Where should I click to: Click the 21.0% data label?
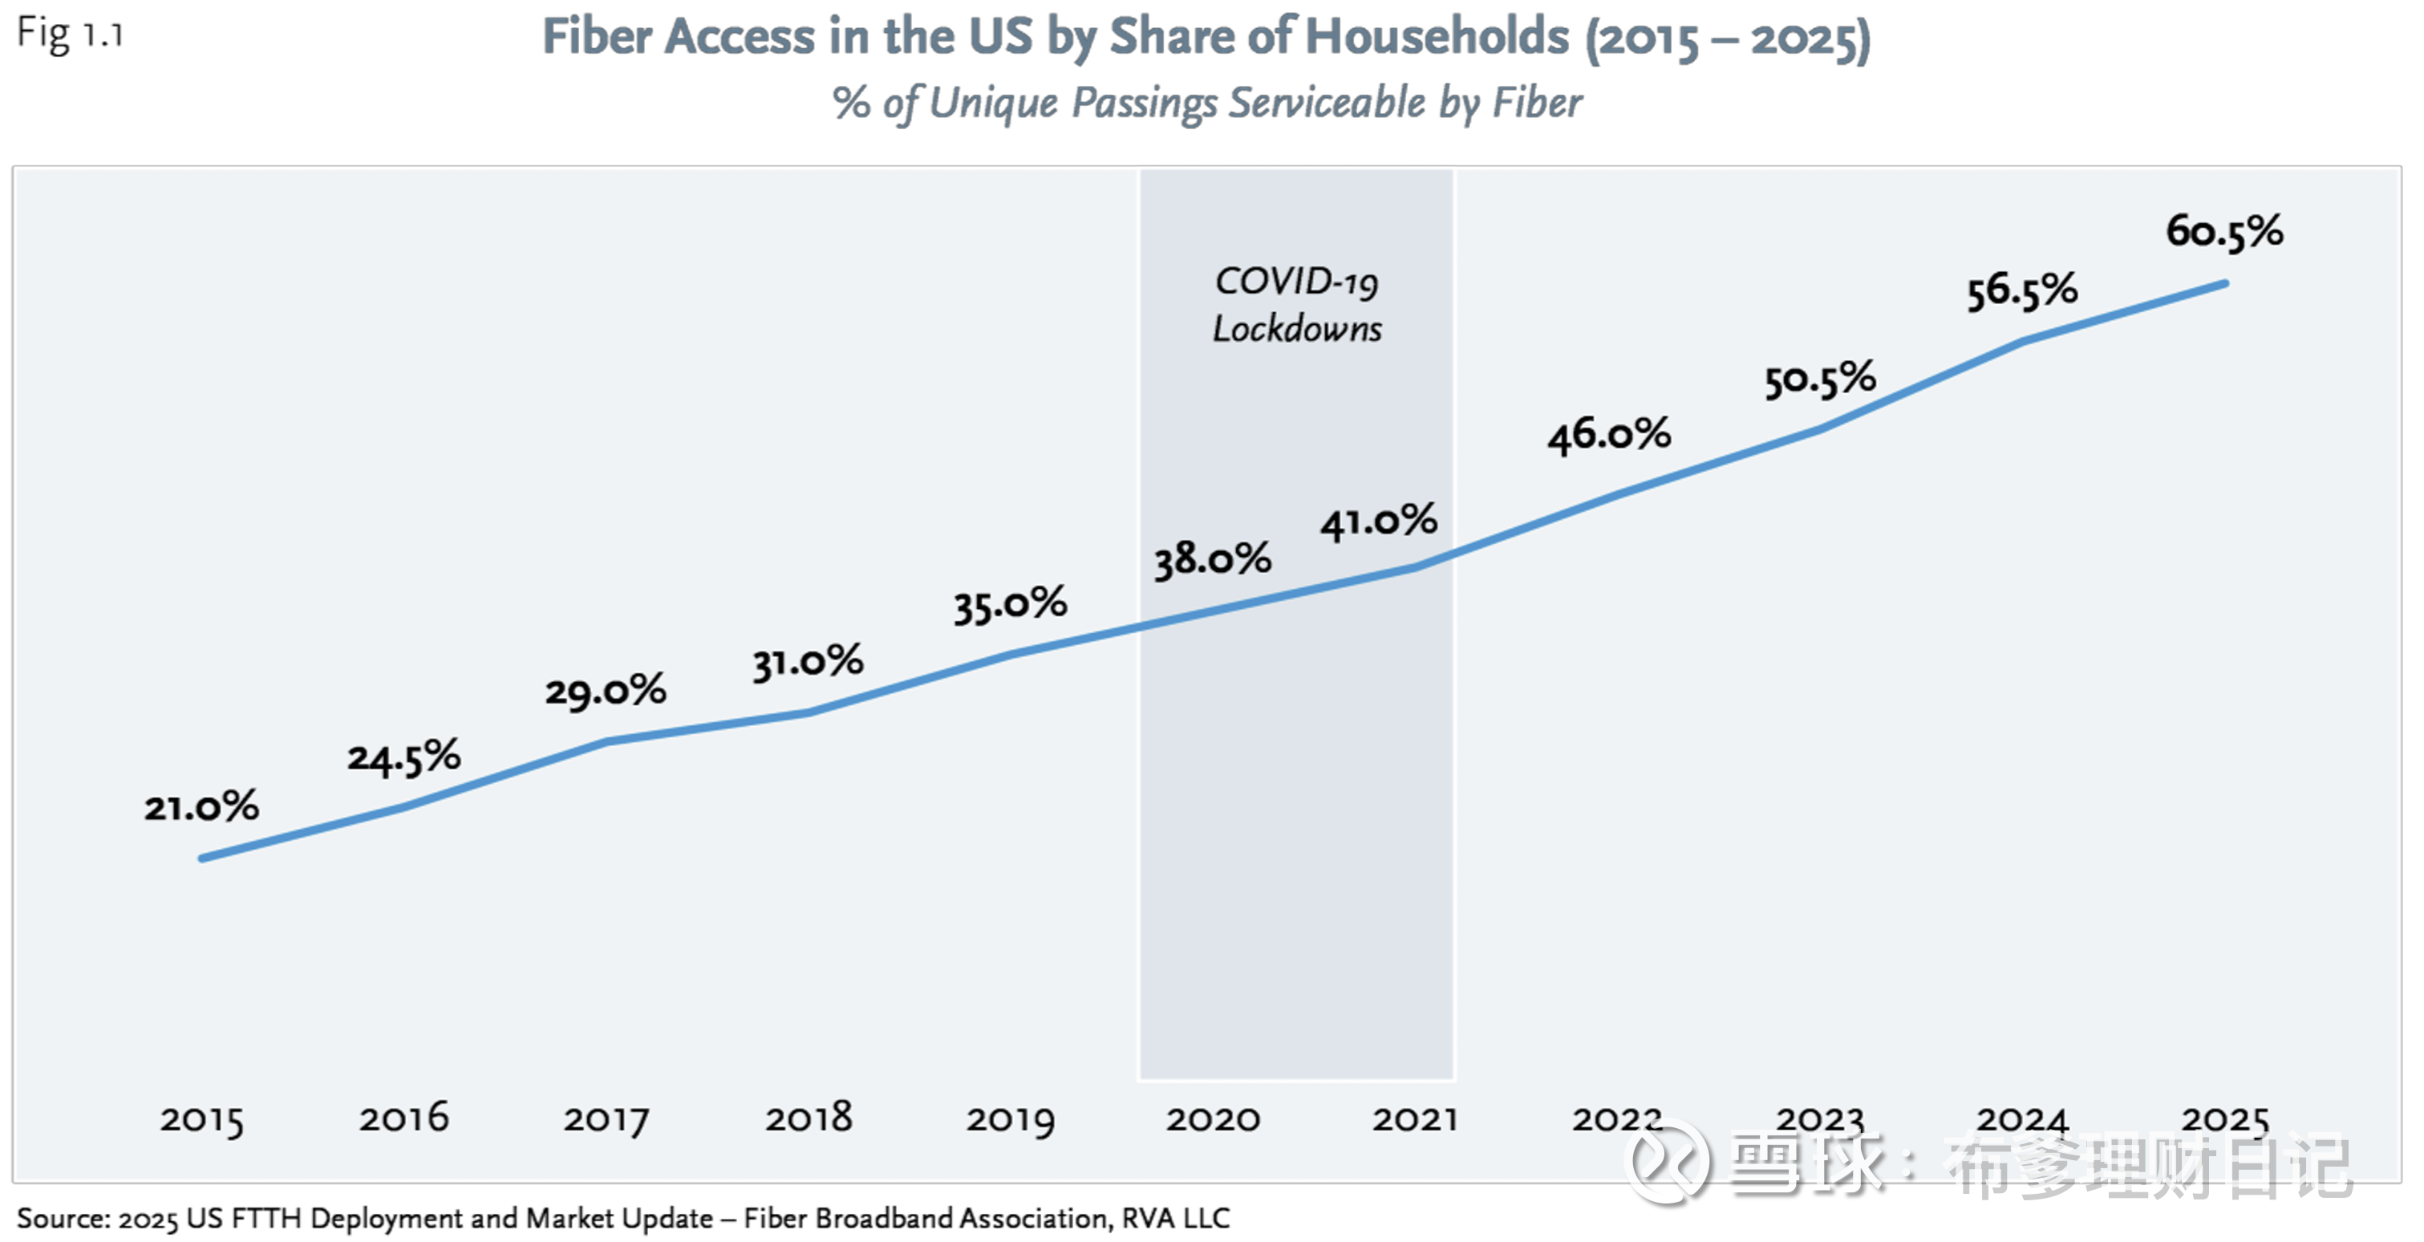201,807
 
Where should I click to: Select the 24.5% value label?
404,757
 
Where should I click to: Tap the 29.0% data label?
606,692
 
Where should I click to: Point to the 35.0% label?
1011,604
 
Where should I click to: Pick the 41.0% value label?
1380,522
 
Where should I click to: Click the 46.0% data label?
1610,435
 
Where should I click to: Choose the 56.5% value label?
2022,290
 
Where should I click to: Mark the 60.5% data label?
2224,231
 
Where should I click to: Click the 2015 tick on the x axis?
201,1120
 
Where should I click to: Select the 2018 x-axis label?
809,1118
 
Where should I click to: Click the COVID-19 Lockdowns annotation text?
1297,305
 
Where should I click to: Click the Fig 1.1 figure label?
71,34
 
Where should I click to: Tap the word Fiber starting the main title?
598,38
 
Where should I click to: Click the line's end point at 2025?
2224,283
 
